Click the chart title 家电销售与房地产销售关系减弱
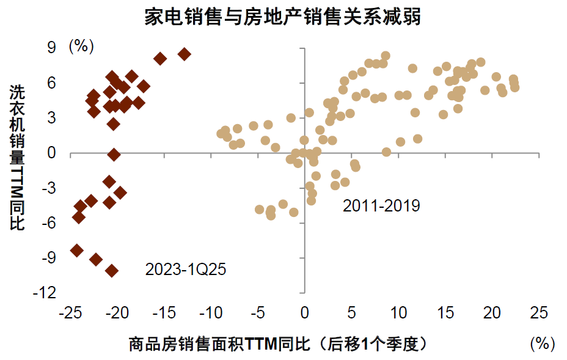click(283, 17)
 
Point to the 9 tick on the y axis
click(51, 47)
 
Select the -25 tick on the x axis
click(71, 314)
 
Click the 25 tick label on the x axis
click(538, 314)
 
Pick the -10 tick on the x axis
click(210, 314)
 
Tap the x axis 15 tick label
click(445, 314)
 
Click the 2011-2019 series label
click(381, 206)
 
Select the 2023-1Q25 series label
click(186, 269)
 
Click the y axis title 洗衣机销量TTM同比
click(17, 157)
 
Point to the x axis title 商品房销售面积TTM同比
click(276, 344)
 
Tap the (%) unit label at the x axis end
click(541, 344)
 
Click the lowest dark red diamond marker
click(112, 271)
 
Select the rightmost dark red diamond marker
click(184, 54)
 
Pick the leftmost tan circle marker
click(221, 134)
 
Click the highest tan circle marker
click(386, 56)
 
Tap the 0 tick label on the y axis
click(51, 153)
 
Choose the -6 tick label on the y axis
click(48, 223)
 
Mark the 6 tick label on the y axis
click(51, 83)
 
